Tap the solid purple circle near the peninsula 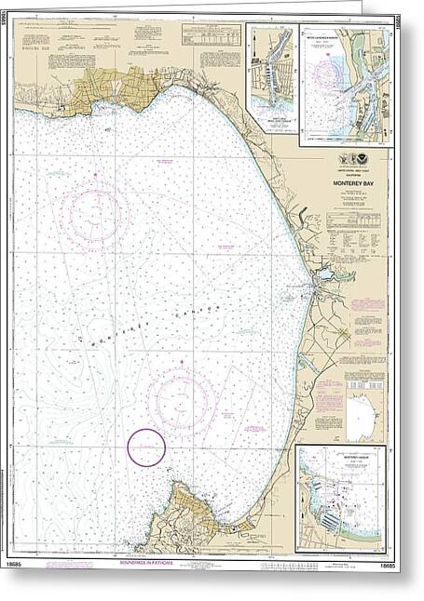click(146, 447)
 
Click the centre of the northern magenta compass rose click(91, 215)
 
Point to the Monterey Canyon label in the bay click(149, 325)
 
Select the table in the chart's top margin click(209, 35)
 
